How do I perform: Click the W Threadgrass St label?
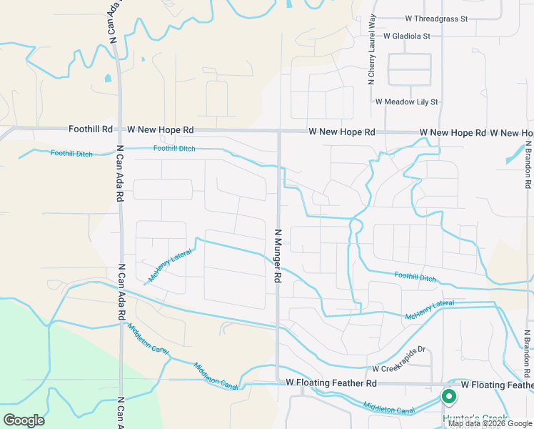[435, 19]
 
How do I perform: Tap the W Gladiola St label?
[407, 36]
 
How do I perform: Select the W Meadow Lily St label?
[406, 102]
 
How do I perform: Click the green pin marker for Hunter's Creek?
[449, 396]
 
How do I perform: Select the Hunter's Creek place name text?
[475, 418]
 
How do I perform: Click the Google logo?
[24, 420]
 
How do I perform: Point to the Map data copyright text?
[490, 423]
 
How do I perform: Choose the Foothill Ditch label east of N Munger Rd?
[415, 276]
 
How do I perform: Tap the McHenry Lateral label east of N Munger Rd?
[429, 310]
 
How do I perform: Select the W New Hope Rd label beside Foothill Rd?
[160, 130]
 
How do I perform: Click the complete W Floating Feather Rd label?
[331, 384]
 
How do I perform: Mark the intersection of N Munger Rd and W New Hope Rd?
[278, 132]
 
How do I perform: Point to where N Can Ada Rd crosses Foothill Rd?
[120, 130]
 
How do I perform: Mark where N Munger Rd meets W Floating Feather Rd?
[278, 383]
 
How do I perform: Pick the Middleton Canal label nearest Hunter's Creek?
[389, 410]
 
